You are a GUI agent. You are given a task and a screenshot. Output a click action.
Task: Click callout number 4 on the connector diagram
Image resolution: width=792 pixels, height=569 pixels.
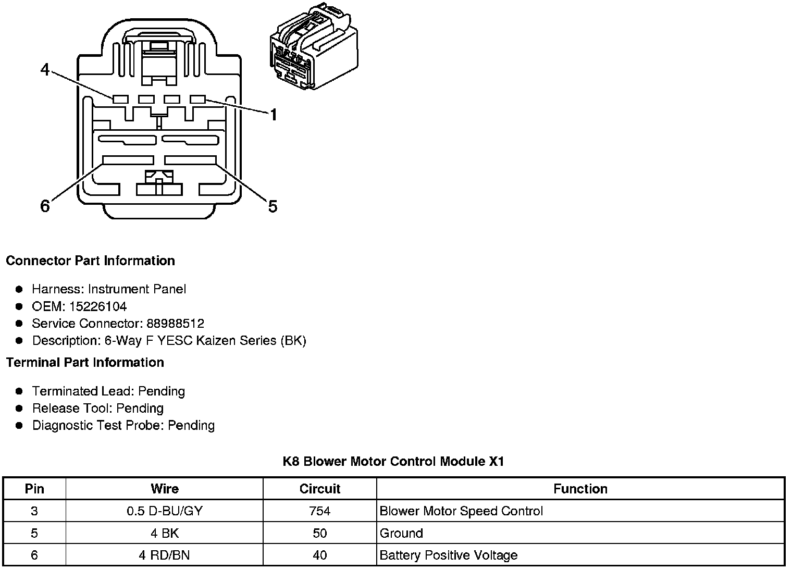(45, 70)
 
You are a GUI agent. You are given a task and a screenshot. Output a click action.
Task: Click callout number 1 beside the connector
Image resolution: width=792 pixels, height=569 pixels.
(274, 115)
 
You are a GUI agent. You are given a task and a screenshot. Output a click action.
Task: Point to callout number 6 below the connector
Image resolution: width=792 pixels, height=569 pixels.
(45, 206)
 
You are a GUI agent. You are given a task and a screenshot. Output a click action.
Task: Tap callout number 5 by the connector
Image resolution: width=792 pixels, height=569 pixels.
(273, 206)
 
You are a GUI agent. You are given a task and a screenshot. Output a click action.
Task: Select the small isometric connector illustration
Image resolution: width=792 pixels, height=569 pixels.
(314, 46)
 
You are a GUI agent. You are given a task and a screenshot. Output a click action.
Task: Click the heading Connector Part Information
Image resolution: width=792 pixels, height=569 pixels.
(91, 261)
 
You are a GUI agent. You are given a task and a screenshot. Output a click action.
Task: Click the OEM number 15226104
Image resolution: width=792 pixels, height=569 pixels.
(97, 306)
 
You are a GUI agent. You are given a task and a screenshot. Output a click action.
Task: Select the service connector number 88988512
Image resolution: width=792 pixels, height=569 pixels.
(176, 323)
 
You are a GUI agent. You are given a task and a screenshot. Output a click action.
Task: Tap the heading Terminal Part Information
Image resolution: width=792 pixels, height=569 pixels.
(85, 363)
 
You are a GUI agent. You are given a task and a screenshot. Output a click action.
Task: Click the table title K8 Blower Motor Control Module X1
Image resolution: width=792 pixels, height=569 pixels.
(393, 462)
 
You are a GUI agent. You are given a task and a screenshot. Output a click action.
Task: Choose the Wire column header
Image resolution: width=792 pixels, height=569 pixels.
(165, 489)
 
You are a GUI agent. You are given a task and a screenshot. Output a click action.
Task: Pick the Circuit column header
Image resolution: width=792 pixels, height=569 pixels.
(319, 489)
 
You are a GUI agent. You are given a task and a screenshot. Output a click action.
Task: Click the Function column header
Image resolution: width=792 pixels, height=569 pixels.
(580, 489)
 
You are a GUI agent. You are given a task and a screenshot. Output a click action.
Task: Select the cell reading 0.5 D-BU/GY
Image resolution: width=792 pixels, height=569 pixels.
(165, 511)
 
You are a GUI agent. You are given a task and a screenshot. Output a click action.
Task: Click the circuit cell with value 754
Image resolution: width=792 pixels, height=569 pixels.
(319, 511)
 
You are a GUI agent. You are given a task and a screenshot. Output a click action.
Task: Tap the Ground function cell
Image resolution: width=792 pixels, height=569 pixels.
(401, 533)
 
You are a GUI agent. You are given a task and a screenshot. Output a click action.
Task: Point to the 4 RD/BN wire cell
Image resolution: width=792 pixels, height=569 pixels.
(165, 555)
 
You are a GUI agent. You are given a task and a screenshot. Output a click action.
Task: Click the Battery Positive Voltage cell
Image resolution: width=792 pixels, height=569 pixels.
(448, 555)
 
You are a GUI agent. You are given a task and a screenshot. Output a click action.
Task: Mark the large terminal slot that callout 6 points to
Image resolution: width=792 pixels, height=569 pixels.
(128, 160)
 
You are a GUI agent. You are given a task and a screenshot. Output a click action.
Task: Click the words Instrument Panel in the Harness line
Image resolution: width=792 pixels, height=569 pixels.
(137, 289)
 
